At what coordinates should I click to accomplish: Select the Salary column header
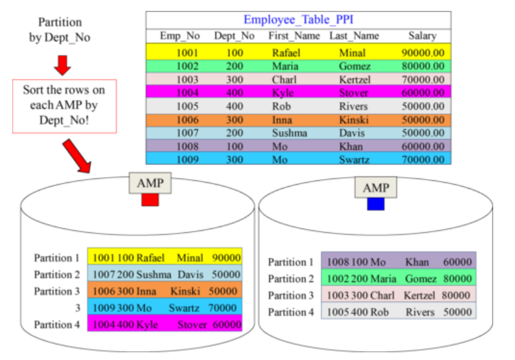[422, 36]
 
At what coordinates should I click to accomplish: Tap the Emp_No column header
[179, 36]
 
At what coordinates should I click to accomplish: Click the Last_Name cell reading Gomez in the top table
[355, 66]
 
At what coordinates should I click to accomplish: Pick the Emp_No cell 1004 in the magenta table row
[187, 92]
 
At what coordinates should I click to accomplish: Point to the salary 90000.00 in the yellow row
[423, 52]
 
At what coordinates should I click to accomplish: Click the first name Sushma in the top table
[289, 133]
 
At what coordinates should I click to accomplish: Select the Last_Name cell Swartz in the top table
[354, 160]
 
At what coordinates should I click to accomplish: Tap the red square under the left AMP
[150, 200]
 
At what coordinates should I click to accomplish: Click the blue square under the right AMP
[375, 204]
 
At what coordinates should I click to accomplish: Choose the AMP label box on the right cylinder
[376, 188]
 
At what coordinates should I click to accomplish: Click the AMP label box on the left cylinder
[150, 184]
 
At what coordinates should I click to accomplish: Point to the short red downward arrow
[62, 64]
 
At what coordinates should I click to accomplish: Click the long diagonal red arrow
[78, 156]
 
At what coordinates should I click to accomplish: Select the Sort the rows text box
[64, 106]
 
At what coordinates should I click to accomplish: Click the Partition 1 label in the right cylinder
[291, 262]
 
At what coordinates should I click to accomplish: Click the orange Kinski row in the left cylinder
[165, 291]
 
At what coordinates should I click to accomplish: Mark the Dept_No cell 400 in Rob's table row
[234, 106]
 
